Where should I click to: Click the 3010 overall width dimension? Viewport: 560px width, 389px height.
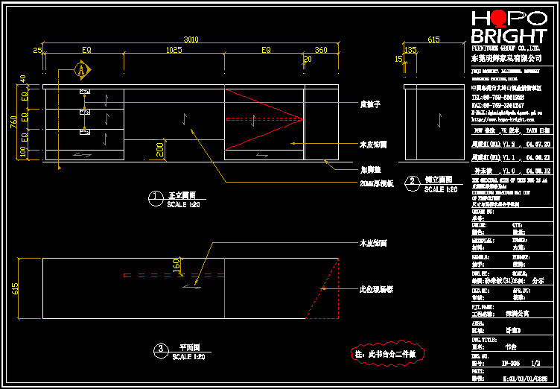point(191,39)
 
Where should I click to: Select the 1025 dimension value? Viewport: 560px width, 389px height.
point(174,50)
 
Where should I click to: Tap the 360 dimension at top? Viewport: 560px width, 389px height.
point(321,50)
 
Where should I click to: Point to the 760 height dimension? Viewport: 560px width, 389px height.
point(13,122)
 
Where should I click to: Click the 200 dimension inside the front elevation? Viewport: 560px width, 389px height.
point(159,149)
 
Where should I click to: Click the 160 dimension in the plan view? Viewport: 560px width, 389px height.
point(176,264)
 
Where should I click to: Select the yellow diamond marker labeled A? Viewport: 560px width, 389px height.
point(82,70)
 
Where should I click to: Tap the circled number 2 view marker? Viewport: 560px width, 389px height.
point(412,181)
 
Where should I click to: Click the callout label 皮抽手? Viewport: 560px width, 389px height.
point(371,104)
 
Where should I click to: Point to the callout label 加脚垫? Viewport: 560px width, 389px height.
point(370,169)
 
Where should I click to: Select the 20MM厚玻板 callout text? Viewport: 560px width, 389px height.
point(377,183)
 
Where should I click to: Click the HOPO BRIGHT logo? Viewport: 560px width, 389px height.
point(509,30)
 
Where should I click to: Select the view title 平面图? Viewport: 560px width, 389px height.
point(191,347)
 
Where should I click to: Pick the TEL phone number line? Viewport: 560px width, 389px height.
point(497,98)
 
